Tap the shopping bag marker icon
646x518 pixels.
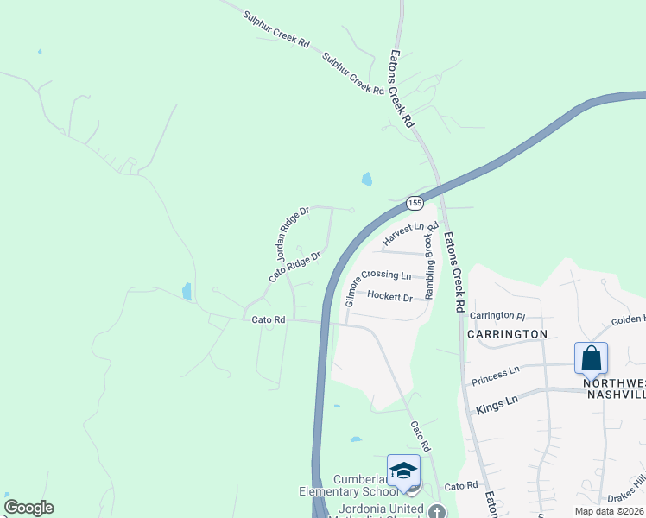(x=591, y=357)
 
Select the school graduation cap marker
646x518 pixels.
(x=403, y=471)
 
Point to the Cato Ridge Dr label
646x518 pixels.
(x=294, y=268)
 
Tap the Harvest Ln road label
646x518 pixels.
(x=404, y=233)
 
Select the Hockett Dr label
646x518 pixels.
(x=389, y=296)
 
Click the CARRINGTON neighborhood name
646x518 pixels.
(x=507, y=333)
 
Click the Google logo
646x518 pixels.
(x=28, y=508)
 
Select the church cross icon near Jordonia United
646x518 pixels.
(x=441, y=509)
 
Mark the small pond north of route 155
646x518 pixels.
(x=367, y=180)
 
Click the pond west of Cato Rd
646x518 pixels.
(x=187, y=291)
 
